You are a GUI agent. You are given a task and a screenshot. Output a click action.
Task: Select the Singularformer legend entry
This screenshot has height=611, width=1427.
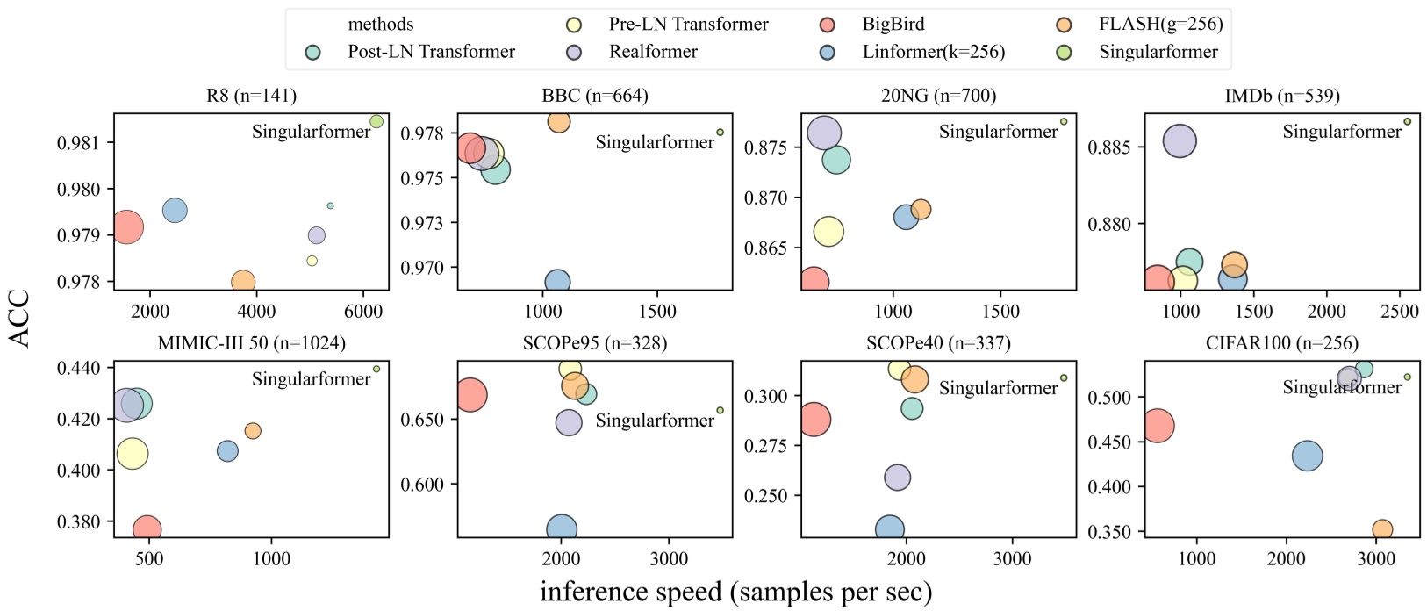(1158, 52)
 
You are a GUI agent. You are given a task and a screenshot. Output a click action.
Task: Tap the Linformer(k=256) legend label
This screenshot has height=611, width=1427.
(933, 52)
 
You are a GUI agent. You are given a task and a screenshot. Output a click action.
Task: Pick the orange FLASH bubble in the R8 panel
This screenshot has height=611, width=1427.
(243, 282)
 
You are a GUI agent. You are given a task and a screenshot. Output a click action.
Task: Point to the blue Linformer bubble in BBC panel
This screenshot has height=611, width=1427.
(557, 282)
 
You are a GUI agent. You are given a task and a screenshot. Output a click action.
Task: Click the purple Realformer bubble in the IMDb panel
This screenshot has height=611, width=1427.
(1180, 140)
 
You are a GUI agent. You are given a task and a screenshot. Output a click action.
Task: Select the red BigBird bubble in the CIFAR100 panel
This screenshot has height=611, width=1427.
(1157, 427)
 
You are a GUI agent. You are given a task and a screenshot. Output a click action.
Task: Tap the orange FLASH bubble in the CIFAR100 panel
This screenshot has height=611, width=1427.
(1382, 529)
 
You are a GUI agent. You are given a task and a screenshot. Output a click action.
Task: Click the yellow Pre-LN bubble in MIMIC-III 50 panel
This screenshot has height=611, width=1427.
(133, 454)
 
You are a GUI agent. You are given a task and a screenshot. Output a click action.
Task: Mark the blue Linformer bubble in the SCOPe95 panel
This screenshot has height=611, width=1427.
(562, 529)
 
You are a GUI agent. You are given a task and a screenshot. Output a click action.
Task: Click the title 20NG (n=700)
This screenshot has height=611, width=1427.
(938, 96)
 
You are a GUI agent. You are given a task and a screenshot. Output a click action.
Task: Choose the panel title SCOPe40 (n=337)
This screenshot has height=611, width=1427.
(938, 343)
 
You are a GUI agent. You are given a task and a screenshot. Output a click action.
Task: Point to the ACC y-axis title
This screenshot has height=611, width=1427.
(19, 318)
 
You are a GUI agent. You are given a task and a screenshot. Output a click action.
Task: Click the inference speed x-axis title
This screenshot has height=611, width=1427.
(735, 592)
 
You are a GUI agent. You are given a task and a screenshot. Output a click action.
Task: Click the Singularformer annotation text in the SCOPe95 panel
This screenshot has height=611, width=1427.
(655, 421)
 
